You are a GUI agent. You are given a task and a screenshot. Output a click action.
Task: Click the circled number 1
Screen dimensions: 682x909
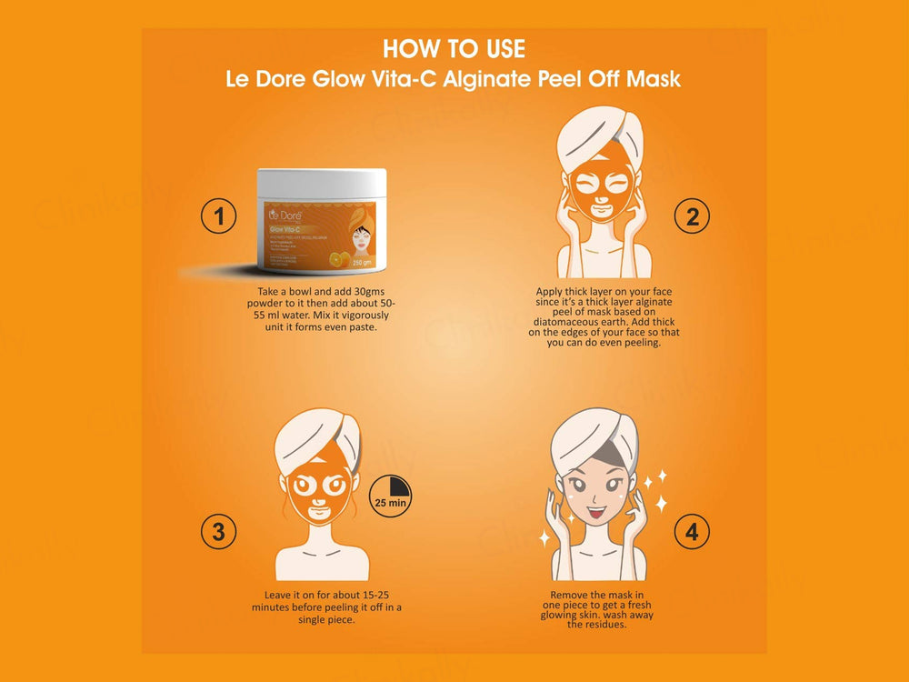click(218, 216)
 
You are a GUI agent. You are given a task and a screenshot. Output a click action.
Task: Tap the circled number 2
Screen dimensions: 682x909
click(692, 216)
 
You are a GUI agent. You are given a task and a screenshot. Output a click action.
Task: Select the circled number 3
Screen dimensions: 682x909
click(218, 532)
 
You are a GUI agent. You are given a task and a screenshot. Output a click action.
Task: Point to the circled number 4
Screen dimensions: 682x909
click(692, 532)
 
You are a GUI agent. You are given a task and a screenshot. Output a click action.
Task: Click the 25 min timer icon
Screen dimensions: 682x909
click(391, 493)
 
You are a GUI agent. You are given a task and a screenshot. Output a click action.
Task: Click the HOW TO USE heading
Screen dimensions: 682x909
click(454, 48)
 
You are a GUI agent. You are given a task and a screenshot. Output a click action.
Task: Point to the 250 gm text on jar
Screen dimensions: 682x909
click(364, 259)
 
